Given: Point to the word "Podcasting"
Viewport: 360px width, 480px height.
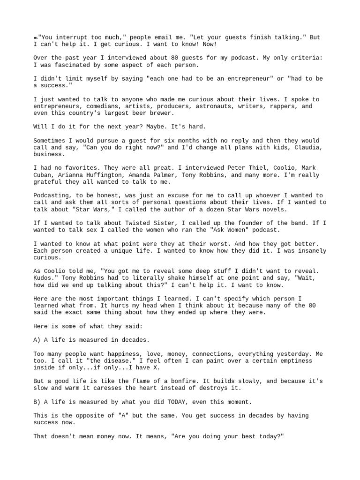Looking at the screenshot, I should (x=51, y=195).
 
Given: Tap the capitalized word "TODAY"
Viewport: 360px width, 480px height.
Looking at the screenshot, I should (x=172, y=402).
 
